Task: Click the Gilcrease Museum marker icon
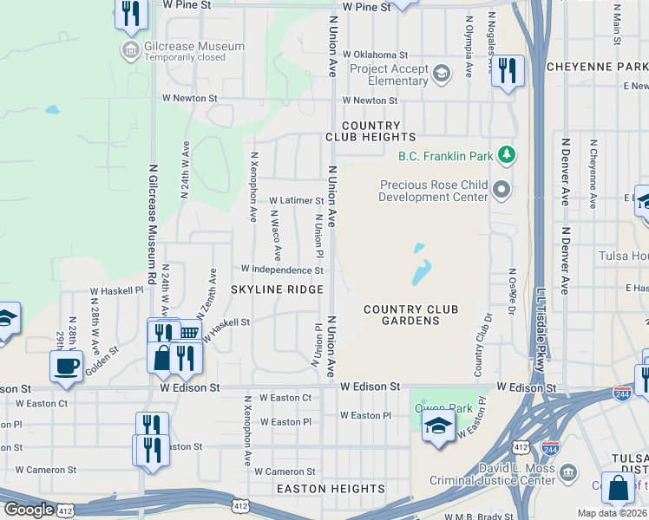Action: [x=131, y=49]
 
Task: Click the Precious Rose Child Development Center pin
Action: [x=501, y=189]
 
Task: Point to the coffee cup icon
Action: [x=66, y=365]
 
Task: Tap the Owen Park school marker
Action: [x=438, y=426]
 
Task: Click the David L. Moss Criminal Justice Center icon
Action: [x=568, y=472]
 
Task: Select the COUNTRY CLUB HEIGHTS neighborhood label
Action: [x=370, y=131]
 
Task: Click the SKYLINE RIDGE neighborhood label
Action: [x=277, y=289]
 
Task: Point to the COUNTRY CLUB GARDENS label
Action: [x=410, y=315]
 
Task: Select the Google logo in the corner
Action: [x=29, y=510]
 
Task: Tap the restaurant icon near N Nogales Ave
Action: [x=508, y=70]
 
